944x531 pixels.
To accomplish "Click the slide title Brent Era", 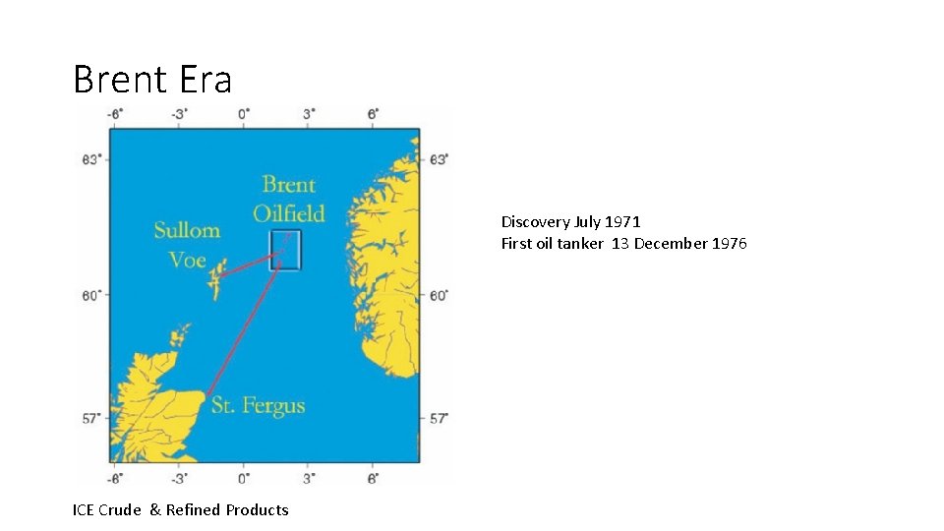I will pos(152,79).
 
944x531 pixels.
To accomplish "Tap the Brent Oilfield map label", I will pos(288,199).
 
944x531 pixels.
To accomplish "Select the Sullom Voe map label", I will pos(186,245).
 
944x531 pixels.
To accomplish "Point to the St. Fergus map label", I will pos(258,405).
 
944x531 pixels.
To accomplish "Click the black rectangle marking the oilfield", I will pos(285,250).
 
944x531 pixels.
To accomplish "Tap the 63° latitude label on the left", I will pos(90,159).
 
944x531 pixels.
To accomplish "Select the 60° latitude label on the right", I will pos(439,295).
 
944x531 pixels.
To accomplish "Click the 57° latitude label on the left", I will pos(90,418).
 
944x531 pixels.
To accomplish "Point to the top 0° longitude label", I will pos(243,114).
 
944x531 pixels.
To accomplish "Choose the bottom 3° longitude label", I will pos(308,478).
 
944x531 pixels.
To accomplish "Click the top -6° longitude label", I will pos(114,114).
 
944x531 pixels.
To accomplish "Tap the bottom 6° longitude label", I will pos(373,478).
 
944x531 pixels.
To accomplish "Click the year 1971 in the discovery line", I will pos(622,222).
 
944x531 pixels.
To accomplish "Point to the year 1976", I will pos(729,243).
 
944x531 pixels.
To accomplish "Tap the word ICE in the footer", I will pos(85,509).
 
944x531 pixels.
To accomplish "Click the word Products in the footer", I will pos(257,509).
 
